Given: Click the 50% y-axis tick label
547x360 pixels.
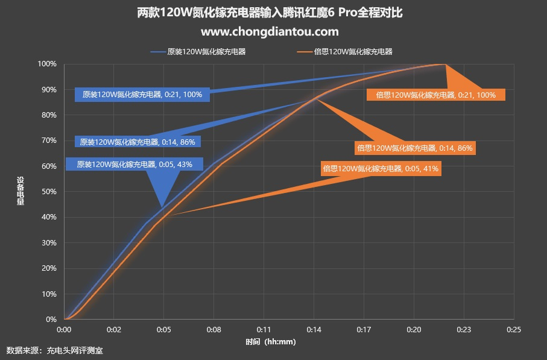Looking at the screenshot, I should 49,192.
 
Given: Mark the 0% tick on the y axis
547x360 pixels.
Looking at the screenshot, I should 51,320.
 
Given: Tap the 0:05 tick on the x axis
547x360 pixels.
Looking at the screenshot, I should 163,330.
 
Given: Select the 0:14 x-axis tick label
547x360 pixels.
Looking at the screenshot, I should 313,330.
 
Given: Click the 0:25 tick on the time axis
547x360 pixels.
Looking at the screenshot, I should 513,330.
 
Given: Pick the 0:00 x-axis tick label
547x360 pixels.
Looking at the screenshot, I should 64,330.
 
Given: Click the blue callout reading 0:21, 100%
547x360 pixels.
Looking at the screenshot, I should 142,95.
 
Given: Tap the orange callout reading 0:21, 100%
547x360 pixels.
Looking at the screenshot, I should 436,95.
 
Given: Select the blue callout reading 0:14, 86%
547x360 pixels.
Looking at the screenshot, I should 138,142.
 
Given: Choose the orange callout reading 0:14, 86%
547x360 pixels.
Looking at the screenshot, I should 415,147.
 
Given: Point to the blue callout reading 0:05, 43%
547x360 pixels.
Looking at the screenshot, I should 135,164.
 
